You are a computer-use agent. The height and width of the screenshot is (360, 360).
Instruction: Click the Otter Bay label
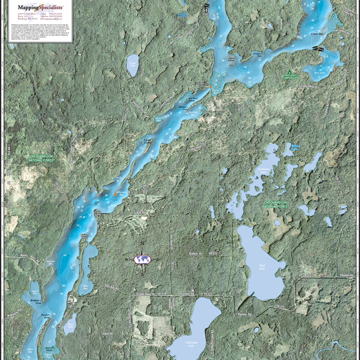coord(85,287)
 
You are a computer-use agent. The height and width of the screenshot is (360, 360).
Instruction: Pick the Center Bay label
coord(317,34)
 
